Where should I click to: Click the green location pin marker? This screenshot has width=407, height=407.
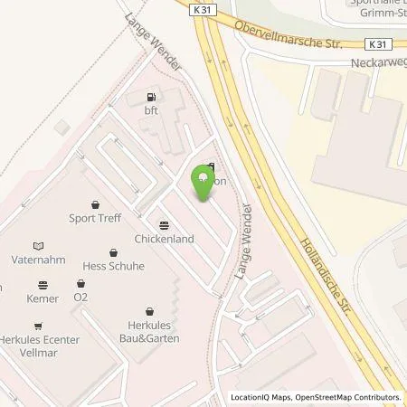click(203, 185)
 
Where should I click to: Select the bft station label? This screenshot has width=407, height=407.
click(150, 109)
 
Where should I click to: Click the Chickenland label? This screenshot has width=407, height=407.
click(164, 240)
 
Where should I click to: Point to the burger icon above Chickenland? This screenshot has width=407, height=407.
click(164, 226)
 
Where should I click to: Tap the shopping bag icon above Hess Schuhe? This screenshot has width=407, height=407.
click(114, 253)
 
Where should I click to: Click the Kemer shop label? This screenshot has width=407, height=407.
click(43, 298)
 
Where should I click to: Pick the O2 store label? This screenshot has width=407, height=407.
click(80, 297)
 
